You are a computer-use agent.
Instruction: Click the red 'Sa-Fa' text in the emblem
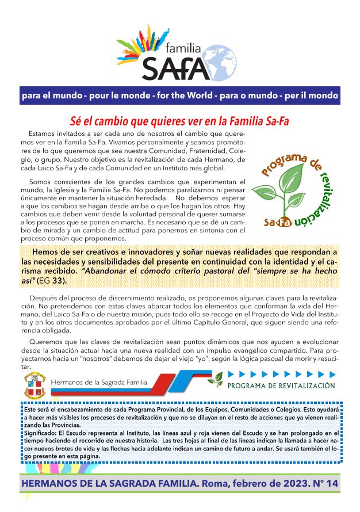[277, 221]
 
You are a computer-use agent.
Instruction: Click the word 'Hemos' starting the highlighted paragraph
[45, 252]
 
